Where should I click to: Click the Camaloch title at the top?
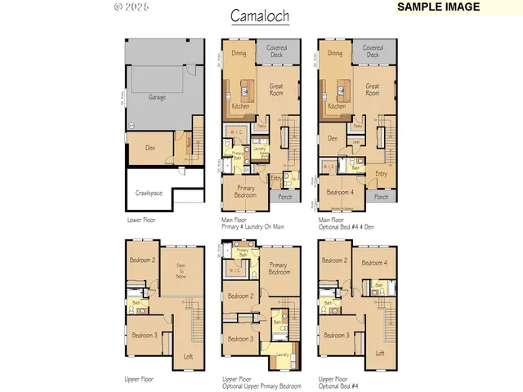click(x=259, y=16)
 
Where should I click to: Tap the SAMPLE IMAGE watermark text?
click(x=438, y=7)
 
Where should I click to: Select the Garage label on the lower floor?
click(x=157, y=97)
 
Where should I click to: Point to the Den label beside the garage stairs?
click(x=150, y=148)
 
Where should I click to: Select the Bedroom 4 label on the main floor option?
click(x=341, y=192)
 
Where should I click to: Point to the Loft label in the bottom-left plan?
click(x=188, y=356)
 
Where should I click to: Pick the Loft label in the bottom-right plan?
click(x=380, y=353)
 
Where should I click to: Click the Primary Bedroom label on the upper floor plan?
click(x=279, y=268)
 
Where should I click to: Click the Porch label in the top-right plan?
click(x=381, y=197)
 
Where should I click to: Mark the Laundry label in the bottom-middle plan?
click(x=282, y=355)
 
